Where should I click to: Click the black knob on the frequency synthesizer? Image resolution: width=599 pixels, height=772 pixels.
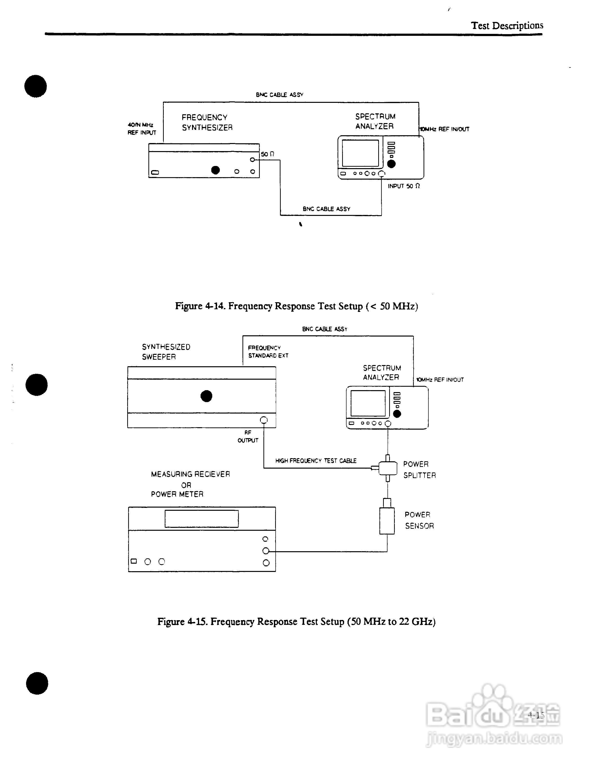(x=215, y=170)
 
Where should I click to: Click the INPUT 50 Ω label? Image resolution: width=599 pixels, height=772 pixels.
(x=404, y=186)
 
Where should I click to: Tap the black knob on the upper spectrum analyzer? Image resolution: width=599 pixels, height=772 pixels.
(x=391, y=164)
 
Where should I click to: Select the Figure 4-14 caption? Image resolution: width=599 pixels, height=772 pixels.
(x=296, y=306)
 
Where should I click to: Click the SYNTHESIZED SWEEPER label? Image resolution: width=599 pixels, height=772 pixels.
(x=166, y=352)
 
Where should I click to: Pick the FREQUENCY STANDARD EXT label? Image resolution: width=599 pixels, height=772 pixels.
(x=268, y=352)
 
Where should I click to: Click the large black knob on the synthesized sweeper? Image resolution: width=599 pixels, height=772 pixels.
(x=206, y=396)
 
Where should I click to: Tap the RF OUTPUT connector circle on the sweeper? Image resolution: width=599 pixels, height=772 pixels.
(x=264, y=420)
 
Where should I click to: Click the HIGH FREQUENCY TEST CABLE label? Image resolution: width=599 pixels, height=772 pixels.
(x=316, y=461)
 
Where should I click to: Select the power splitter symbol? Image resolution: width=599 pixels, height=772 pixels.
(x=387, y=468)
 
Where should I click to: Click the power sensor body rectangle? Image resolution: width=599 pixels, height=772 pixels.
(x=387, y=521)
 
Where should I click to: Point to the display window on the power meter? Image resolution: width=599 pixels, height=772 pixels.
(x=202, y=519)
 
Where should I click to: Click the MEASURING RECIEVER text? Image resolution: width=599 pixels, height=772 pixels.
(x=190, y=474)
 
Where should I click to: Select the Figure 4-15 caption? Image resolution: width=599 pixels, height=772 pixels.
(x=296, y=621)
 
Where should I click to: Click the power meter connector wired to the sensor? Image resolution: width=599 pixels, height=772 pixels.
(x=266, y=551)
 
